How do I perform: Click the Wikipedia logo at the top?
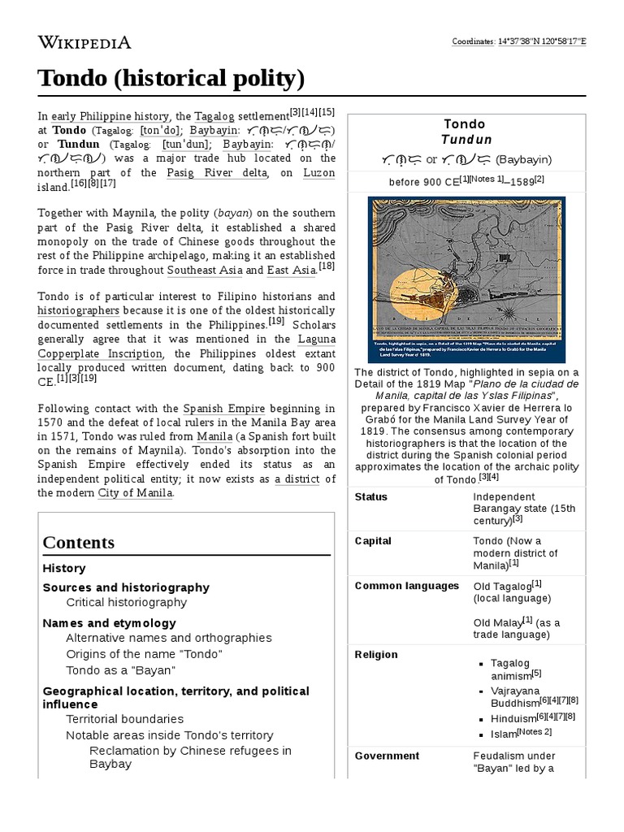[84, 42]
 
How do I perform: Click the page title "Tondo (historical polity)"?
[171, 79]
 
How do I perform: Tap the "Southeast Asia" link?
[204, 270]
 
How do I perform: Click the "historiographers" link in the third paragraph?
[79, 310]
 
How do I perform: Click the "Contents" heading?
[79, 542]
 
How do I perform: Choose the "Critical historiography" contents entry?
[126, 602]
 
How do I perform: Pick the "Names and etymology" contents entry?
[109, 623]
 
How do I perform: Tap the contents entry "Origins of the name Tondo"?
[144, 654]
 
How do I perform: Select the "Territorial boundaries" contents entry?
[124, 719]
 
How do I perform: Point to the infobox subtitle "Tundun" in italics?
[466, 140]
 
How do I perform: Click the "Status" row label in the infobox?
[371, 496]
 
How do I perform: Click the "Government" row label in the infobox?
[387, 756]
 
